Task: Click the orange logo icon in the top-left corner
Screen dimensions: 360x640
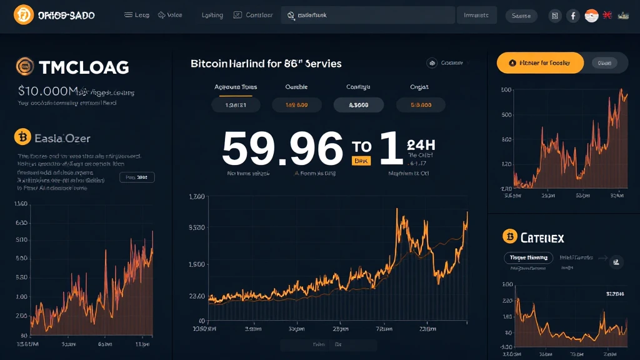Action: [23, 14]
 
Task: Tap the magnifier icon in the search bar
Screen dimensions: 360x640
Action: [291, 15]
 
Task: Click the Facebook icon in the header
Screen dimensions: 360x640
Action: [573, 16]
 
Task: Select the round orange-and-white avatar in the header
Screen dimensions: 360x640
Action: [591, 16]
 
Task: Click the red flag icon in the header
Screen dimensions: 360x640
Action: [607, 15]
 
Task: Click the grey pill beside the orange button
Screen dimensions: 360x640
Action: [604, 62]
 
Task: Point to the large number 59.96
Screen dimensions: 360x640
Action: [282, 149]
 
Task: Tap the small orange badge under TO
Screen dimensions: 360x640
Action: [361, 161]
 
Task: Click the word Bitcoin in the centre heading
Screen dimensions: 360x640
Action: [210, 64]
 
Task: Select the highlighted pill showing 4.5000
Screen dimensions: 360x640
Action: [358, 105]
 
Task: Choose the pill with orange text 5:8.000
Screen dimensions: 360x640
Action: [420, 105]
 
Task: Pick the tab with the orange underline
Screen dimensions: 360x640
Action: [235, 88]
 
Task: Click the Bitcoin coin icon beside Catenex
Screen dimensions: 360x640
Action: [510, 236]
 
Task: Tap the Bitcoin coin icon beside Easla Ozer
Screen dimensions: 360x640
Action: [22, 136]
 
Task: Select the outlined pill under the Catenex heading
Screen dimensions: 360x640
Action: [528, 257]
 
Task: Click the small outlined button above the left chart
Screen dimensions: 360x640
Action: [137, 177]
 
